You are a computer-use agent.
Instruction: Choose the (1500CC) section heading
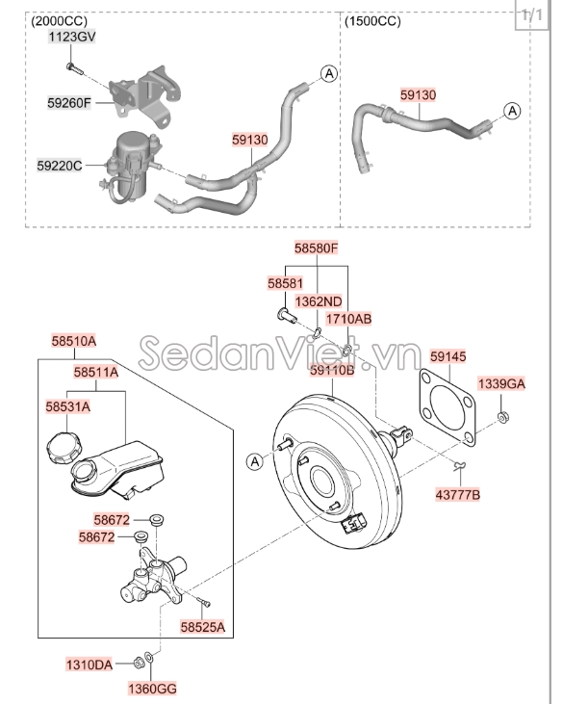374,20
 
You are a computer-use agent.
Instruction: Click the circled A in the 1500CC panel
512,111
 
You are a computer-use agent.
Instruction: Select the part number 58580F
317,248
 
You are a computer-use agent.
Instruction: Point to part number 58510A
73,341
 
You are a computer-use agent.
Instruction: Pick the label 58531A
67,407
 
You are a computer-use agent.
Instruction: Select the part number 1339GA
501,383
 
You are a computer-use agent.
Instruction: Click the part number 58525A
202,627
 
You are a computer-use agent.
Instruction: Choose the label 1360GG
154,689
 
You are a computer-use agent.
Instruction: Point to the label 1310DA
89,665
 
